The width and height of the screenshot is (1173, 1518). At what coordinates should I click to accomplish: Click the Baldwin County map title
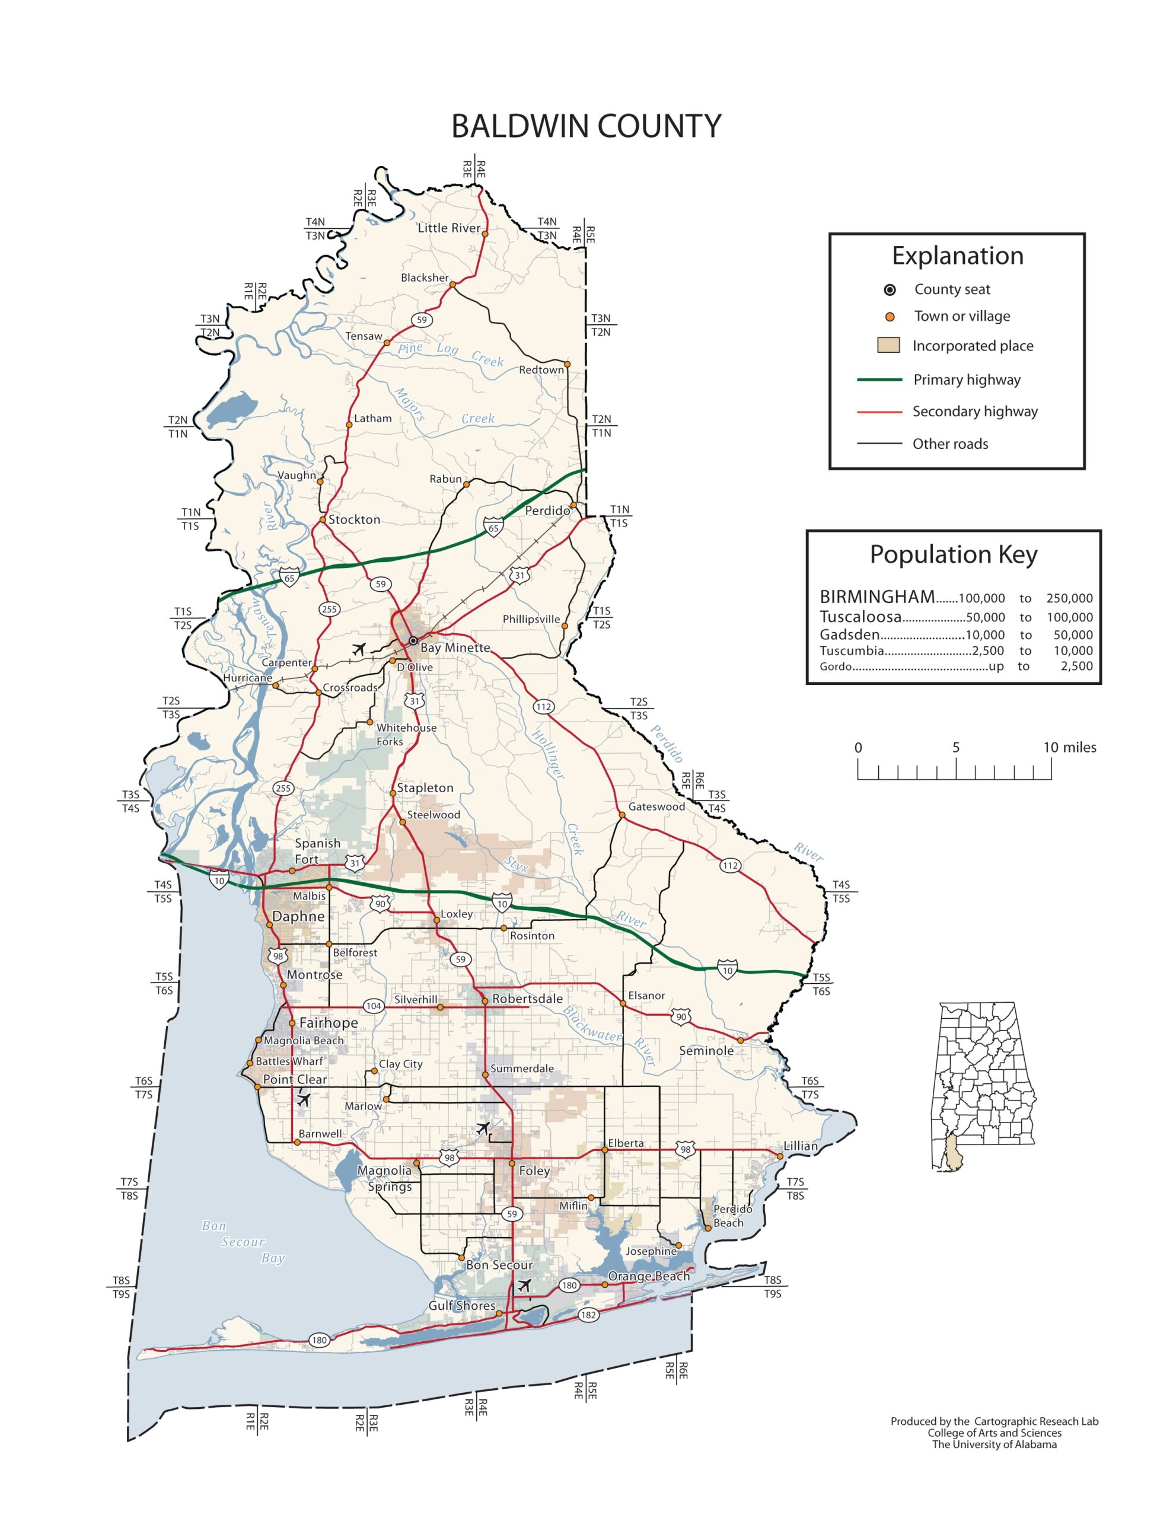[x=585, y=126]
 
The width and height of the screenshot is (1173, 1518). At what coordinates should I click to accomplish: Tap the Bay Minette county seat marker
[x=413, y=640]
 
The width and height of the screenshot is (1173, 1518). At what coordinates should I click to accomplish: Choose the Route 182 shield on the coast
[x=588, y=1315]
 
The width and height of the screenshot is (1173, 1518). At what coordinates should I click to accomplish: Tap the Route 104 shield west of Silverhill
[x=374, y=1006]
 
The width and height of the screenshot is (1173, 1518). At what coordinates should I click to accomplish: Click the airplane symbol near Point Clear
[x=303, y=1099]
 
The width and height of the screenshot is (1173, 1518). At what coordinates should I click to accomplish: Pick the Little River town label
[x=448, y=228]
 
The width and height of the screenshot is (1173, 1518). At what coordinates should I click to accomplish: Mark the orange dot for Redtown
[x=567, y=363]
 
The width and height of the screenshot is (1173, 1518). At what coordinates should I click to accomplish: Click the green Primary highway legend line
[x=879, y=379]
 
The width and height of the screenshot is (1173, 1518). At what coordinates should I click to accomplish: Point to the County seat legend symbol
[x=890, y=290]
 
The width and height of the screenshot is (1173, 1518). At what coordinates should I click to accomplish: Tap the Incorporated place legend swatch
[x=888, y=346]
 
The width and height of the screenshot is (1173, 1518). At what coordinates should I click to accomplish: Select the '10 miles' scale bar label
[x=1069, y=747]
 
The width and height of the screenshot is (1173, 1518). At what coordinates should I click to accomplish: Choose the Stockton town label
[x=354, y=519]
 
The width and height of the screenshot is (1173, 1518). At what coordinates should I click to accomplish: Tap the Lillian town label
[x=801, y=1146]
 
